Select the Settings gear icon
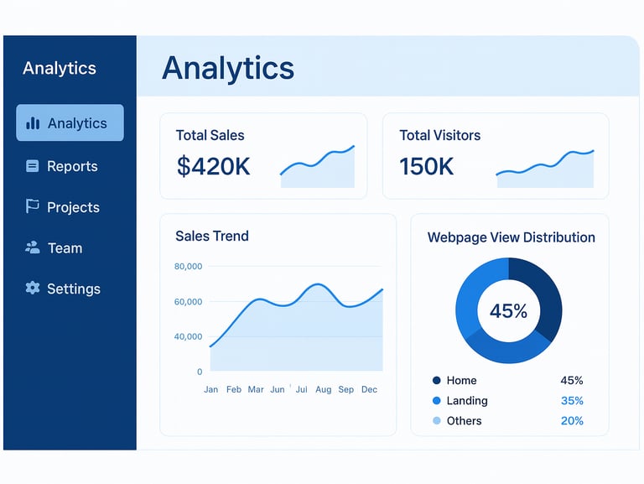point(33,288)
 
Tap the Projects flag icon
point(33,206)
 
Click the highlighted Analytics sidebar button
point(70,122)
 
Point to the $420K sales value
point(213,166)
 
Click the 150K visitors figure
point(426,166)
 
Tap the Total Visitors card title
point(439,135)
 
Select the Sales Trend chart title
point(211,236)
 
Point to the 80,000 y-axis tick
point(188,267)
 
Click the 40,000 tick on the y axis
point(188,336)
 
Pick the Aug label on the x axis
point(324,389)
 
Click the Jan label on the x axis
point(210,389)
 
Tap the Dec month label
point(369,389)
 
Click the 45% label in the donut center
point(508,311)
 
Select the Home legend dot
point(436,381)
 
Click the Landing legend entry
point(466,401)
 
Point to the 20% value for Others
point(572,421)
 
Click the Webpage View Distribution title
point(511,237)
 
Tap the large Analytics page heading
point(227,68)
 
